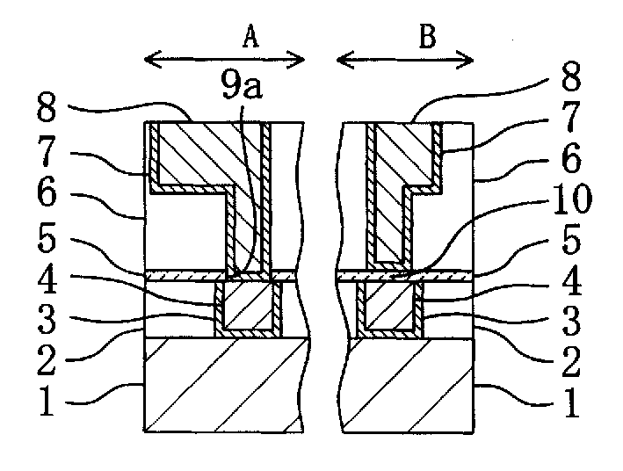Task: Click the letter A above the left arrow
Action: click(251, 37)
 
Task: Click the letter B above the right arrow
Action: click(428, 37)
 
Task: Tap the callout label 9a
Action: click(242, 87)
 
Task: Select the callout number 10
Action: click(573, 199)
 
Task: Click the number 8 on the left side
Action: click(47, 108)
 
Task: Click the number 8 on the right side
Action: click(571, 76)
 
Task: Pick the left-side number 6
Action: click(47, 193)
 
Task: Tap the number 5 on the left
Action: click(47, 239)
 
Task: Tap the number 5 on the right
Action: click(571, 241)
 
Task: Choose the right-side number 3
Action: click(571, 321)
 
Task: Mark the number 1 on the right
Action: click(571, 402)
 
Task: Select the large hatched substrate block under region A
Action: click(224, 385)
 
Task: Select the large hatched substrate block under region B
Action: click(407, 385)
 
